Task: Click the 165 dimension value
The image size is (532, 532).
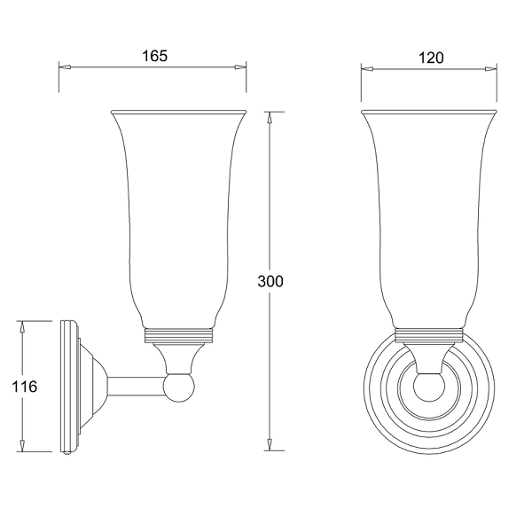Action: click(x=154, y=56)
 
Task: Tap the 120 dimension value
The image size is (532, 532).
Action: click(x=431, y=58)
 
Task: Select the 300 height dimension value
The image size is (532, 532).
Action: click(x=270, y=281)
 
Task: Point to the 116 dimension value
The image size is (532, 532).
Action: click(x=25, y=387)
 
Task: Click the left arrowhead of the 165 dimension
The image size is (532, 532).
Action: click(x=65, y=67)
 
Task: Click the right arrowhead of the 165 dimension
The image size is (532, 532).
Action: click(x=240, y=67)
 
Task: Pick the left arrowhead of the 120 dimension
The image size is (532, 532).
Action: click(x=367, y=69)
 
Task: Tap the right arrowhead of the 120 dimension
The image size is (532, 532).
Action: click(x=490, y=69)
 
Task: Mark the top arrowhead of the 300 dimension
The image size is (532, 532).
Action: click(x=270, y=117)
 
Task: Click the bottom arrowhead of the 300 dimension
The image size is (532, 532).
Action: click(x=270, y=444)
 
